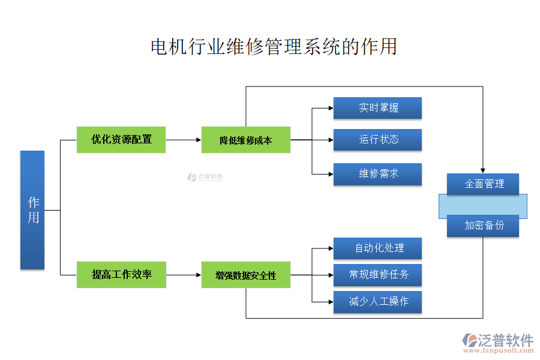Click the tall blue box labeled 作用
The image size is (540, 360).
[x=32, y=210]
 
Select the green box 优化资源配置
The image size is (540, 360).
[x=121, y=139]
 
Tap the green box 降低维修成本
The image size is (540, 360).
[x=245, y=140]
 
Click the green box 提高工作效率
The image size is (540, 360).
[x=121, y=275]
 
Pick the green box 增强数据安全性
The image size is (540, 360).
[x=245, y=275]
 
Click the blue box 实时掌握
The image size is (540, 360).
[x=377, y=108]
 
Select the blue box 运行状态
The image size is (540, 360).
[x=377, y=140]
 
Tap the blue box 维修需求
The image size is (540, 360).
[x=377, y=174]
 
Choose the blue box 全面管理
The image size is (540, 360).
[x=483, y=184]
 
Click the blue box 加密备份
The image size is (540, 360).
[x=483, y=226]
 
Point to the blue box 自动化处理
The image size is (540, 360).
[x=377, y=248]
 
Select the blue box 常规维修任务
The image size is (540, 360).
[x=377, y=275]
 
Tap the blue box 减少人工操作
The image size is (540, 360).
[x=377, y=302]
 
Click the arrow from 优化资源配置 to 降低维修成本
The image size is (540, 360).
[x=184, y=140]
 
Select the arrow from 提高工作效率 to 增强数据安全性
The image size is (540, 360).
[x=184, y=275]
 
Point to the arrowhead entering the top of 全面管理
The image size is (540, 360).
[x=483, y=170]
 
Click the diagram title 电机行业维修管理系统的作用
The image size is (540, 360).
[x=274, y=47]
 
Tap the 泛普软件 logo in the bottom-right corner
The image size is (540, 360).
[x=497, y=343]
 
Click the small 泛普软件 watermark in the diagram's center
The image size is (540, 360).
[x=205, y=177]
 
